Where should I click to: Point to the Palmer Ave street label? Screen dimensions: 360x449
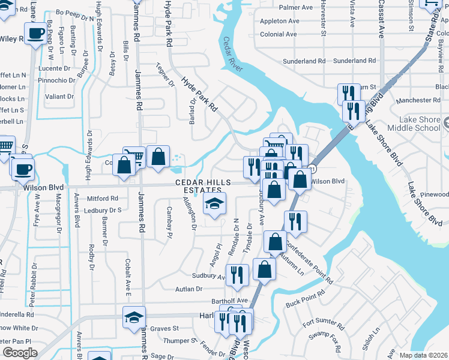click(296, 7)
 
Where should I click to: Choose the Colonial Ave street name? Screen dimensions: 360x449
click(279, 34)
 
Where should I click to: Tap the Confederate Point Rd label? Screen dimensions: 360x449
click(309, 263)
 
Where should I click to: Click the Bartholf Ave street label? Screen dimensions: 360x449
click(229, 300)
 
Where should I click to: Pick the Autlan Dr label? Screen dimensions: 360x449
click(190, 289)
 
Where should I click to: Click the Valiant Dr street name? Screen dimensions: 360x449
click(59, 96)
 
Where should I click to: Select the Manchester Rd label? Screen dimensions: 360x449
click(415, 100)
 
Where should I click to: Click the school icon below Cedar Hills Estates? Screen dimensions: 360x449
click(214, 204)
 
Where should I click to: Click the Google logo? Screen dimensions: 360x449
click(20, 353)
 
